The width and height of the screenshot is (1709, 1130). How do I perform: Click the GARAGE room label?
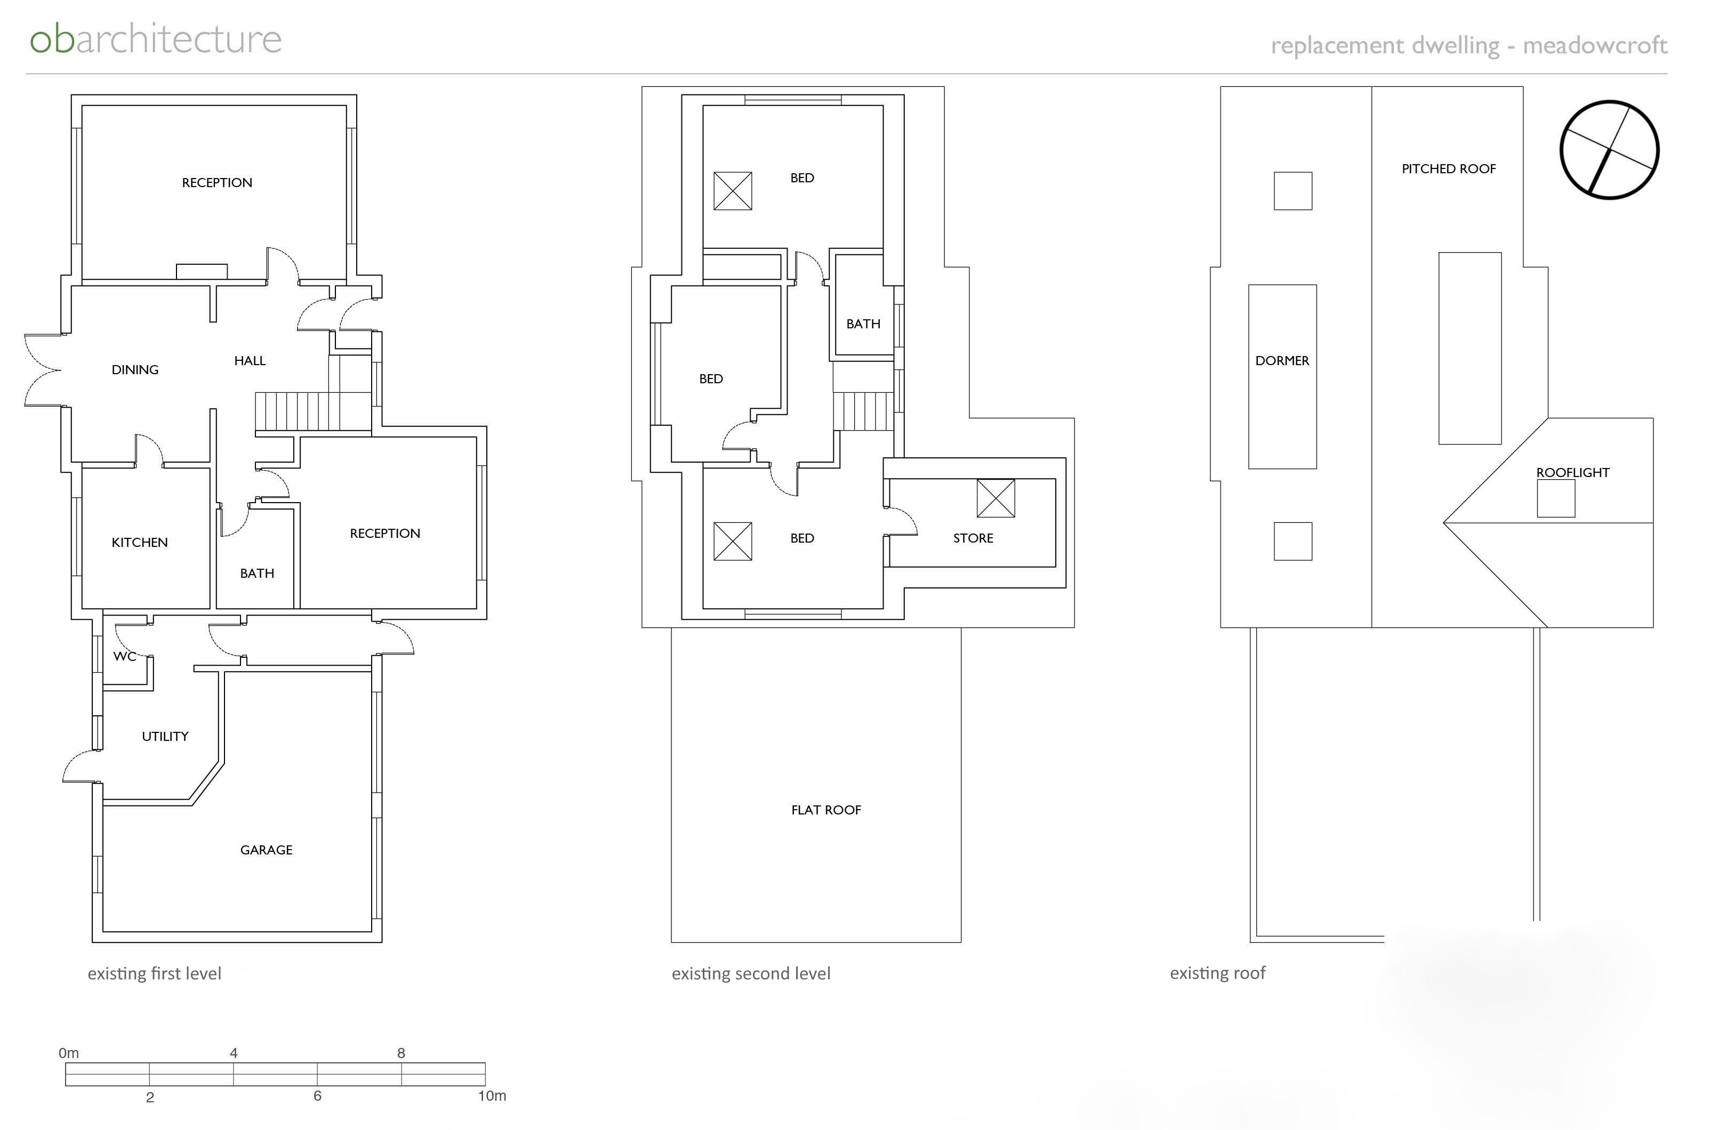click(266, 850)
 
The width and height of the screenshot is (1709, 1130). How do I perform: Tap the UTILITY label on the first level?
click(165, 736)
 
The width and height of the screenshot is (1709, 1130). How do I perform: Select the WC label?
click(125, 656)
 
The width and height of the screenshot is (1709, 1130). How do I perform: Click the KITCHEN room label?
click(140, 542)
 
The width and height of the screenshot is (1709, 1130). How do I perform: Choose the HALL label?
click(250, 360)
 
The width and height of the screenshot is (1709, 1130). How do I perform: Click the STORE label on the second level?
click(973, 538)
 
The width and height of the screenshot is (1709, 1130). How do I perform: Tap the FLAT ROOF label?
click(826, 809)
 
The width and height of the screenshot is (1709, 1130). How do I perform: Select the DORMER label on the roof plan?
click(1282, 360)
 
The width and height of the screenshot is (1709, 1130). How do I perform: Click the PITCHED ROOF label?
click(1449, 168)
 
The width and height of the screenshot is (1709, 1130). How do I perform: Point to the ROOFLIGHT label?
click(1573, 472)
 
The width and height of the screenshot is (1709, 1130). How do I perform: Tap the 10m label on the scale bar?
click(492, 1095)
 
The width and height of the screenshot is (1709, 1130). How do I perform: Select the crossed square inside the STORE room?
click(996, 498)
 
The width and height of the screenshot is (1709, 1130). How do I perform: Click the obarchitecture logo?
click(156, 39)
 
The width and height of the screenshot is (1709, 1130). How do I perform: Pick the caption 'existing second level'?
click(751, 974)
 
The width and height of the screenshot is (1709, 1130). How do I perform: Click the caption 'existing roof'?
click(1217, 973)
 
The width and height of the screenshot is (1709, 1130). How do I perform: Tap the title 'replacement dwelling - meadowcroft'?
click(1469, 45)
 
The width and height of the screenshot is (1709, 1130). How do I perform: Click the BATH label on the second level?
click(863, 324)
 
